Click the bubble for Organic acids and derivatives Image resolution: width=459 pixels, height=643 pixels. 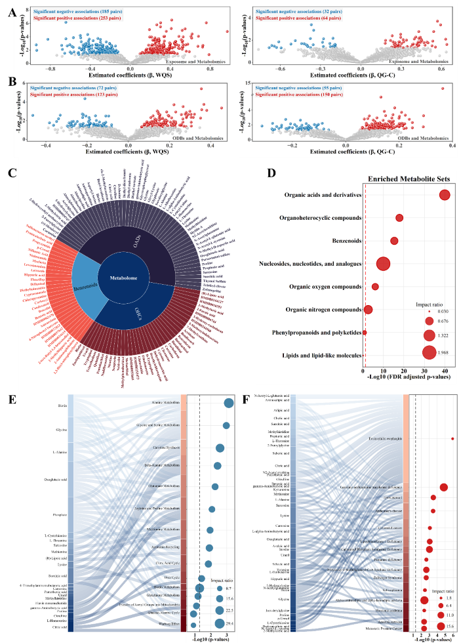[x=445, y=195]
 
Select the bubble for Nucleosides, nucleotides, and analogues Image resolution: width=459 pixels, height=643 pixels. [x=384, y=245]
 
